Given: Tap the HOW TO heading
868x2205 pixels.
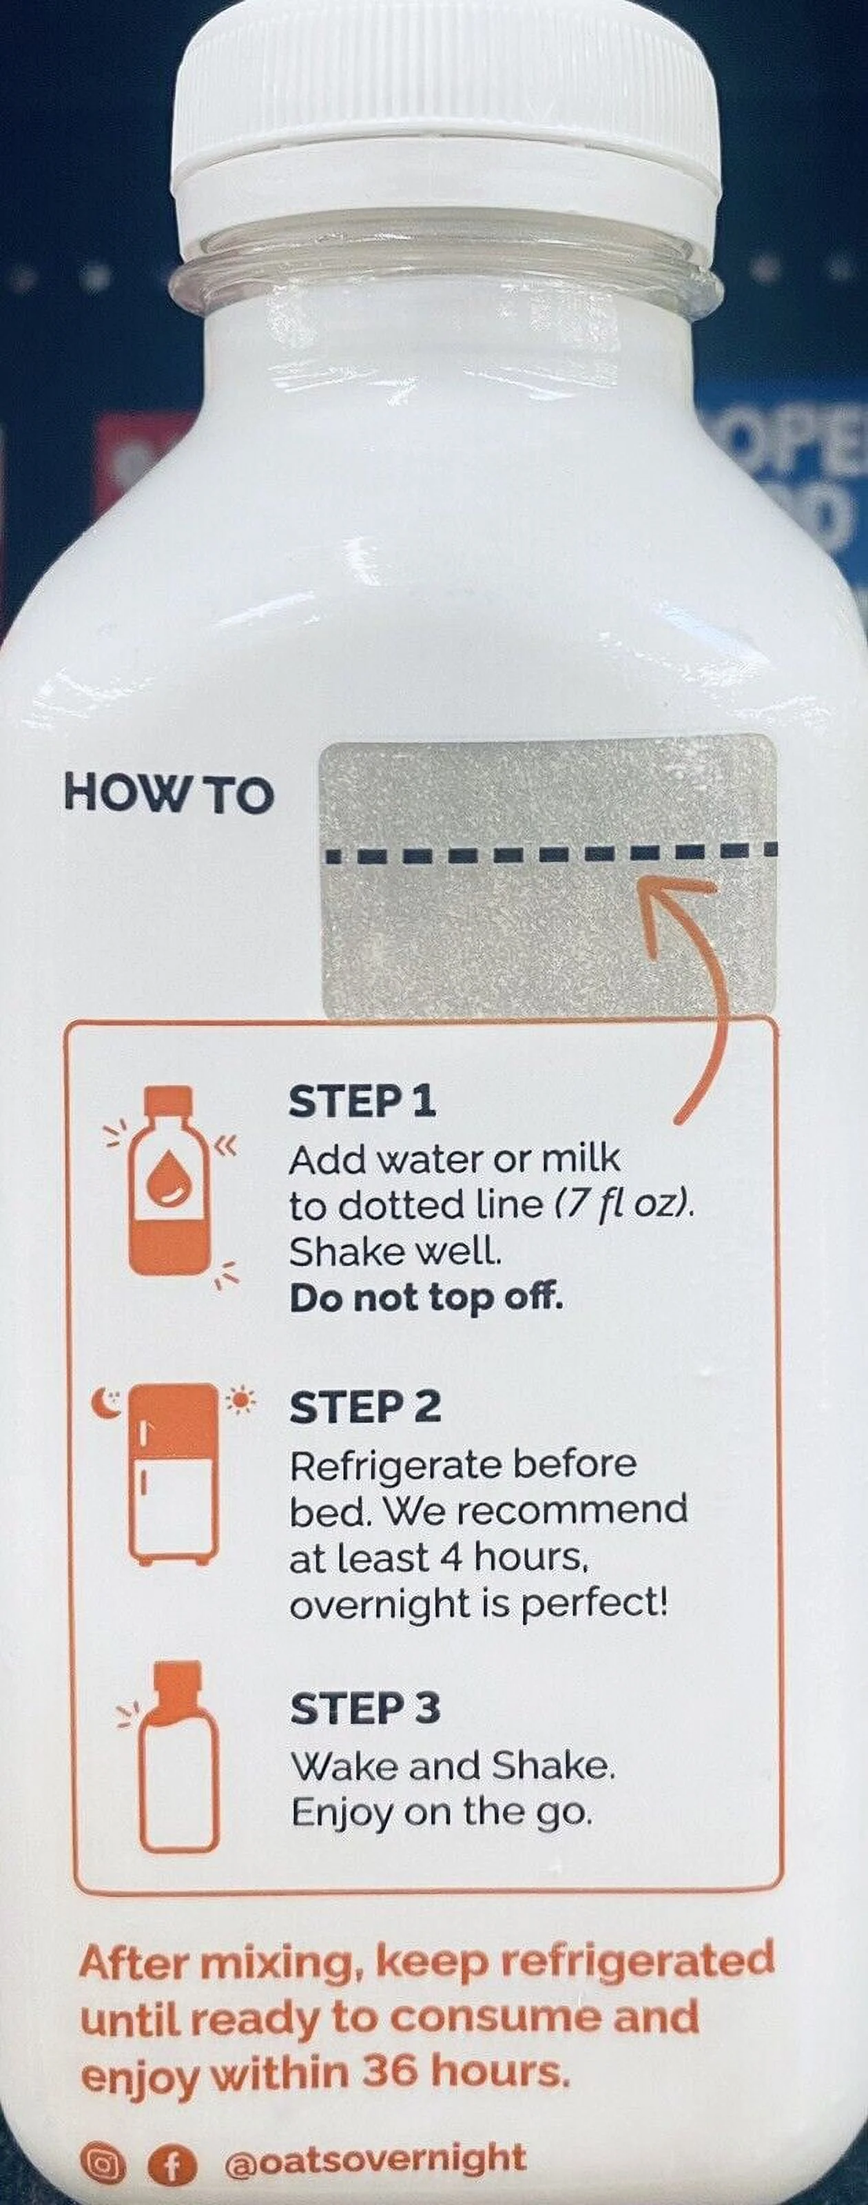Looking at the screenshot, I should [x=169, y=794].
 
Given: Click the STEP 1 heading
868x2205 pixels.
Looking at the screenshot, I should [x=362, y=1102].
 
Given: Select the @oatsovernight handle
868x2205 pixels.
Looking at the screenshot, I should [x=375, y=2160].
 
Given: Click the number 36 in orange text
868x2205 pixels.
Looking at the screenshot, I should [x=391, y=2071].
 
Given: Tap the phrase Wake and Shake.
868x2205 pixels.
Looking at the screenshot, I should [x=453, y=1765].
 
